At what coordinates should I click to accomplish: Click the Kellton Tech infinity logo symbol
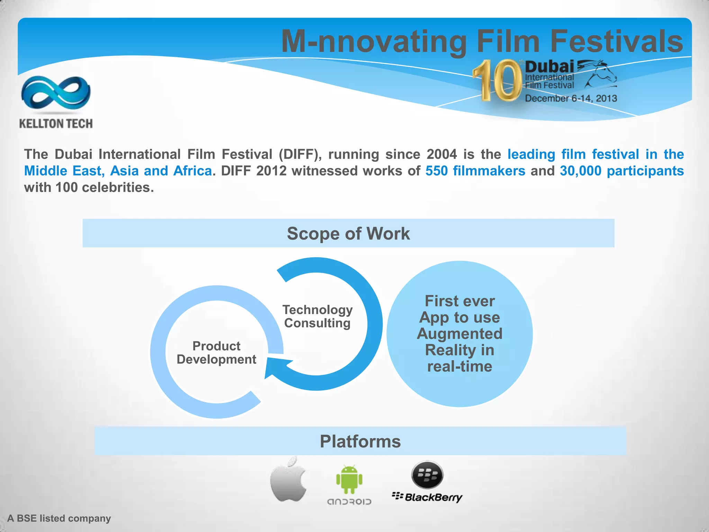[56, 93]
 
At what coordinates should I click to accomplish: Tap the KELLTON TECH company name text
[56, 124]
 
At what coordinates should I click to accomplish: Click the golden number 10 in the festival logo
[497, 80]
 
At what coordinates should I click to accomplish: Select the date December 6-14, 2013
[571, 98]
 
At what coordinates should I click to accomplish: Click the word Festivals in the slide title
[616, 41]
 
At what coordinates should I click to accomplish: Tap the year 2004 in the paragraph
[441, 154]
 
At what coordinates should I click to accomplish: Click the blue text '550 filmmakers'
[475, 171]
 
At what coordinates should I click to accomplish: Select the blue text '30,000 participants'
[622, 171]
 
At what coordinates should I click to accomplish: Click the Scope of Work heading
[348, 233]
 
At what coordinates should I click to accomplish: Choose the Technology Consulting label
[317, 316]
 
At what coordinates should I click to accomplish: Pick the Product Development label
[216, 353]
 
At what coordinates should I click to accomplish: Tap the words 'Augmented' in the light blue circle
[459, 334]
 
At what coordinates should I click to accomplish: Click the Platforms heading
[360, 441]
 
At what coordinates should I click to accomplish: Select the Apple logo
[288, 479]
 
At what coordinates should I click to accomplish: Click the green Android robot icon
[349, 480]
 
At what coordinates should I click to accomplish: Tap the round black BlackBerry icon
[427, 475]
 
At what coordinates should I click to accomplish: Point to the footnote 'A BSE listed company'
[59, 518]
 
